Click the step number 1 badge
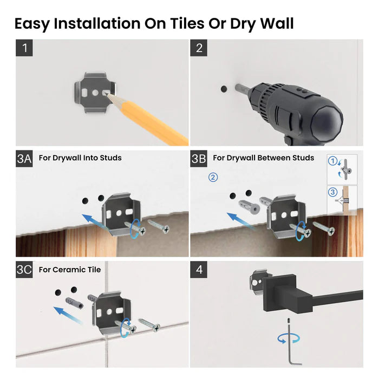[x=24, y=48]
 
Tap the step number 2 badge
[x=199, y=48]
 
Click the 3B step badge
[x=199, y=159]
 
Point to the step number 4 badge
[x=199, y=270]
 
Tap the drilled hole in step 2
[x=224, y=87]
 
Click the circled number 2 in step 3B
[x=213, y=177]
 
